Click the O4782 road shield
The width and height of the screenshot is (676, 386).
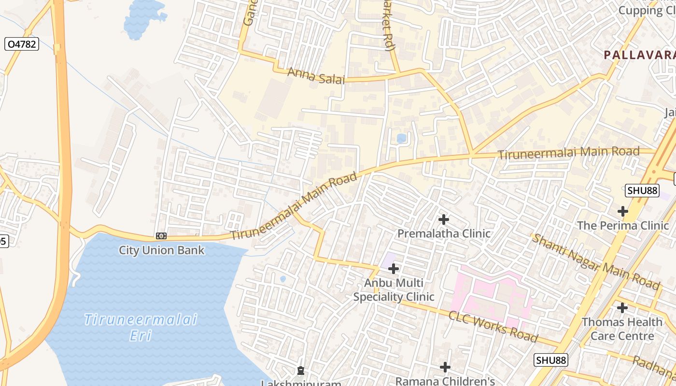point(21,44)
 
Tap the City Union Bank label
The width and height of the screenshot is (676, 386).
point(161,250)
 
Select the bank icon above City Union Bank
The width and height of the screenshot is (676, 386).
point(161,236)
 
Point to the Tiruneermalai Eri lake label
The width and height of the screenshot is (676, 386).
point(141,327)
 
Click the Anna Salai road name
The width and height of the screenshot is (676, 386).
point(316,76)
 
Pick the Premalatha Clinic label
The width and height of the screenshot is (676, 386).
point(444,234)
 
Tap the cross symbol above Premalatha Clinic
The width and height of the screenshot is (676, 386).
point(444,220)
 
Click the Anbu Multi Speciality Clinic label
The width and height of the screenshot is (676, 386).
point(394,290)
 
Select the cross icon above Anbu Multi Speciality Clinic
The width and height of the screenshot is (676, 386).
point(394,268)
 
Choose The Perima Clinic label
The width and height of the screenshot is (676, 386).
point(623,225)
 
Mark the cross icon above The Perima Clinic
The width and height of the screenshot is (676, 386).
point(623,211)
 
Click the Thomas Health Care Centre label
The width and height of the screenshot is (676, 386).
point(622,329)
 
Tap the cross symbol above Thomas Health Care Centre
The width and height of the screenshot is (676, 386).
point(622,307)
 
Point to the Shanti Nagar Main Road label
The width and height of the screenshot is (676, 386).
point(595,262)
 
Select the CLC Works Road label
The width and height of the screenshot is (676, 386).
point(493,327)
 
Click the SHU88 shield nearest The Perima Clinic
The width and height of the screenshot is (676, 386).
point(642,191)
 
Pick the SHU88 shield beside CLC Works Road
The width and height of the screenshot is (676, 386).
point(551,360)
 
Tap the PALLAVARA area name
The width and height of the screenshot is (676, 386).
point(639,55)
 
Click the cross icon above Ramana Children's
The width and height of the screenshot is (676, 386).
point(445,367)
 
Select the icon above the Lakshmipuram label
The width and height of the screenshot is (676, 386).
point(301,371)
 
